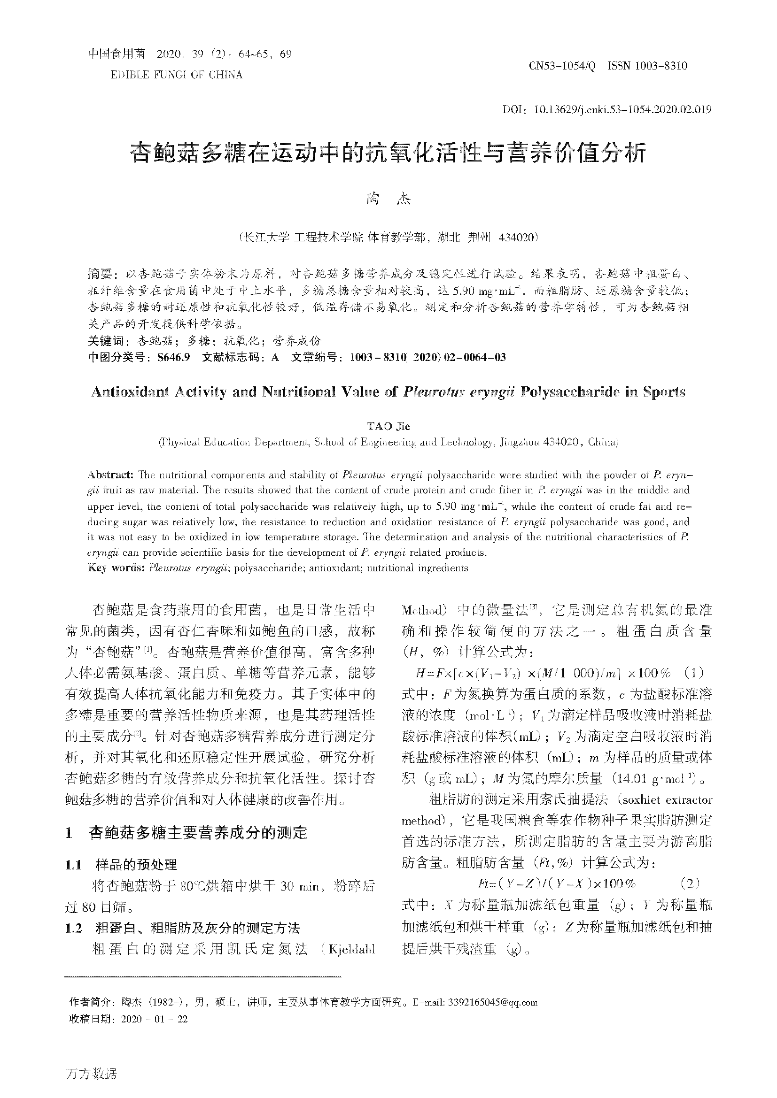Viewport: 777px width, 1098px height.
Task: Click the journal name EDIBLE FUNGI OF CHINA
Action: (x=177, y=75)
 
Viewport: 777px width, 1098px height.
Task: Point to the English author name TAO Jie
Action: (x=388, y=426)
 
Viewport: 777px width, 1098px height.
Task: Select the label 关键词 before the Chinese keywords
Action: (x=106, y=341)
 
